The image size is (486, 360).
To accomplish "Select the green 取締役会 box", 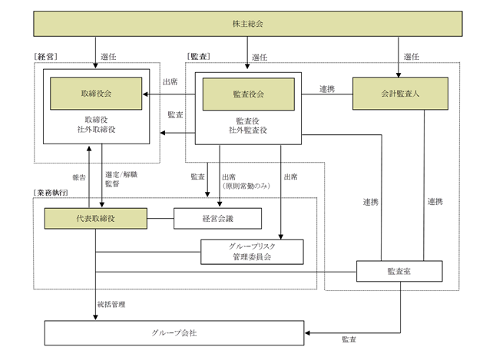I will point(96,94).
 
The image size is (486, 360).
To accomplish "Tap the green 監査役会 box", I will point(247,94).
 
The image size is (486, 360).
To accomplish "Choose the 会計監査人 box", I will point(399,94).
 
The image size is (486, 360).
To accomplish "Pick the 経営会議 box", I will point(218,219).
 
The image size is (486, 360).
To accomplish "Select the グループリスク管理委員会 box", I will point(251,252).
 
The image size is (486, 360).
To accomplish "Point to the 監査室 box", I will point(399,272).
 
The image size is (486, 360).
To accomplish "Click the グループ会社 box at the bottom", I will point(175,333).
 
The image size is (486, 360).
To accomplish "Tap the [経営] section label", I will point(46,56).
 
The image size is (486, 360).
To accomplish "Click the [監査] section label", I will point(199,56).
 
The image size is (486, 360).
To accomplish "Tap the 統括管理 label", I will point(112,304).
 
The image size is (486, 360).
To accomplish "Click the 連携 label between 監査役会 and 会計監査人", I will point(327,89).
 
